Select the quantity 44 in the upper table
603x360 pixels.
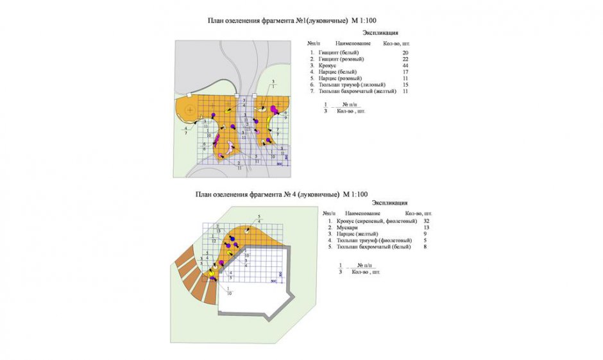click(405, 65)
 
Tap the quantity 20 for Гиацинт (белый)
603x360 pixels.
click(405, 52)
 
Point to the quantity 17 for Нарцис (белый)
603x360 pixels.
click(405, 72)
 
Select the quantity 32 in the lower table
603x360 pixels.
click(426, 221)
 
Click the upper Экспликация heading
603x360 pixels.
click(380, 32)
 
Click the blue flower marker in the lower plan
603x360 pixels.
click(232, 243)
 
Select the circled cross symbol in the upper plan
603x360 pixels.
click(189, 110)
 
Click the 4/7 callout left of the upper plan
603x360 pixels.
click(186, 130)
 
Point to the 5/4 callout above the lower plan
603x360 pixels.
click(259, 218)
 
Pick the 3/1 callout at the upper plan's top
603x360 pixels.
click(273, 83)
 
